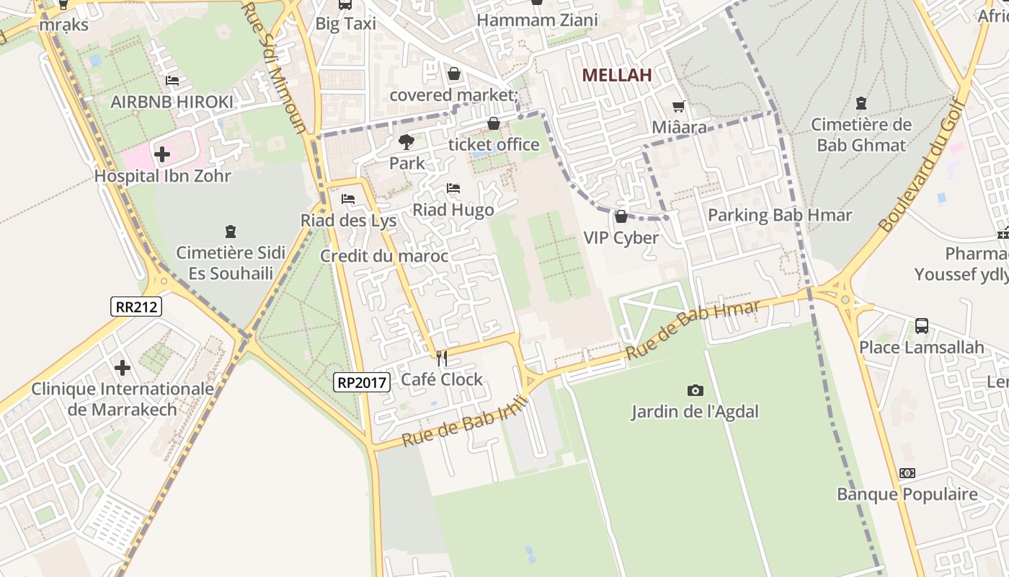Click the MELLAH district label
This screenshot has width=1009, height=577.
click(x=616, y=75)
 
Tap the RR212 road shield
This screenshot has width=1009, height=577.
click(x=136, y=307)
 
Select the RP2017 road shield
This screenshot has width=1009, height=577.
click(x=362, y=382)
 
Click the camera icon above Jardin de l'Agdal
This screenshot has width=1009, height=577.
click(x=695, y=390)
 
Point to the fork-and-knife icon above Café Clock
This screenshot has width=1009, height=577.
click(x=441, y=358)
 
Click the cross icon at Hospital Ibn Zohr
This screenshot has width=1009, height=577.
click(x=162, y=154)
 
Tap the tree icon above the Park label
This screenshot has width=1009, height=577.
click(x=406, y=142)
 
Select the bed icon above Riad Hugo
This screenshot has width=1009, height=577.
click(x=453, y=189)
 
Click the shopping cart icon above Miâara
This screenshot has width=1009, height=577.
click(x=678, y=107)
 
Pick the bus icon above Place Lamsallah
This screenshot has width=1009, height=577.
click(x=921, y=325)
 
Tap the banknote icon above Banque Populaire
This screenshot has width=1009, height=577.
click(x=907, y=473)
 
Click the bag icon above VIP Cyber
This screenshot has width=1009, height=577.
click(x=621, y=216)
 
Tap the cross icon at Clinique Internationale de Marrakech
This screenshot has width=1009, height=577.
click(x=123, y=368)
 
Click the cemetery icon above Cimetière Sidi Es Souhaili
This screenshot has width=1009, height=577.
click(x=231, y=232)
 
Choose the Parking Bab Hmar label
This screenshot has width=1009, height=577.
click(x=779, y=215)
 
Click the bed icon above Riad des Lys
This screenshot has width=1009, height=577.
click(x=348, y=199)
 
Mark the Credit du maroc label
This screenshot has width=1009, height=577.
click(x=384, y=256)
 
